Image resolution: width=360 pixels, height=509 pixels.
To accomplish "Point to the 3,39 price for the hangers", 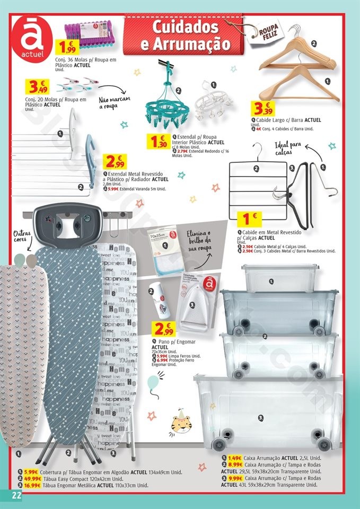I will point(264,109).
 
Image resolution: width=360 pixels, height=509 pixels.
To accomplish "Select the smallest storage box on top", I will point(279,276).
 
